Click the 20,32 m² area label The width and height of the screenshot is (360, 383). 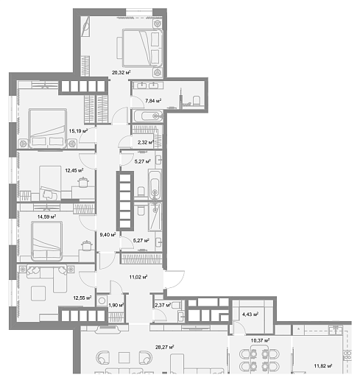(121, 72)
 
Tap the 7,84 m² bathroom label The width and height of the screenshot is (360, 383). (153, 101)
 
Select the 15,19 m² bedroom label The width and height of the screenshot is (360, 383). (78, 131)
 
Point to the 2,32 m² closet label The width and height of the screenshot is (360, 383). (146, 142)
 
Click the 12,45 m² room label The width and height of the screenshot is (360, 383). (74, 170)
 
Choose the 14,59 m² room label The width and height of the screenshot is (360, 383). (46, 217)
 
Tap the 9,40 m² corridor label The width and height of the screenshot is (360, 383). (107, 235)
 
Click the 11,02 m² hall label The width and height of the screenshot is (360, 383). (138, 277)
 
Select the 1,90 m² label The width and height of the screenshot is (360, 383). (116, 305)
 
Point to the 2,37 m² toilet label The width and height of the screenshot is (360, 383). (163, 305)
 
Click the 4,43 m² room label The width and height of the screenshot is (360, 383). (250, 314)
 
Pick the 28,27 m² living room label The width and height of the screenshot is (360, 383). (165, 347)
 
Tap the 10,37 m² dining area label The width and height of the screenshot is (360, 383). (260, 340)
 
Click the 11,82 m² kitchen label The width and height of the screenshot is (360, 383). (323, 366)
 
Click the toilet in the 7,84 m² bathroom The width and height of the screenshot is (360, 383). (197, 100)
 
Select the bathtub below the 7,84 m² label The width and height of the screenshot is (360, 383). (148, 116)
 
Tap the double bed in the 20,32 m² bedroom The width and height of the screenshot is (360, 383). (142, 48)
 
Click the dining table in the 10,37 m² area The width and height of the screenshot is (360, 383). (259, 358)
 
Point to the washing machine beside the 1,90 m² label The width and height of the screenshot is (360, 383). (102, 301)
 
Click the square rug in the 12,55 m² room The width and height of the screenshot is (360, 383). (38, 293)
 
